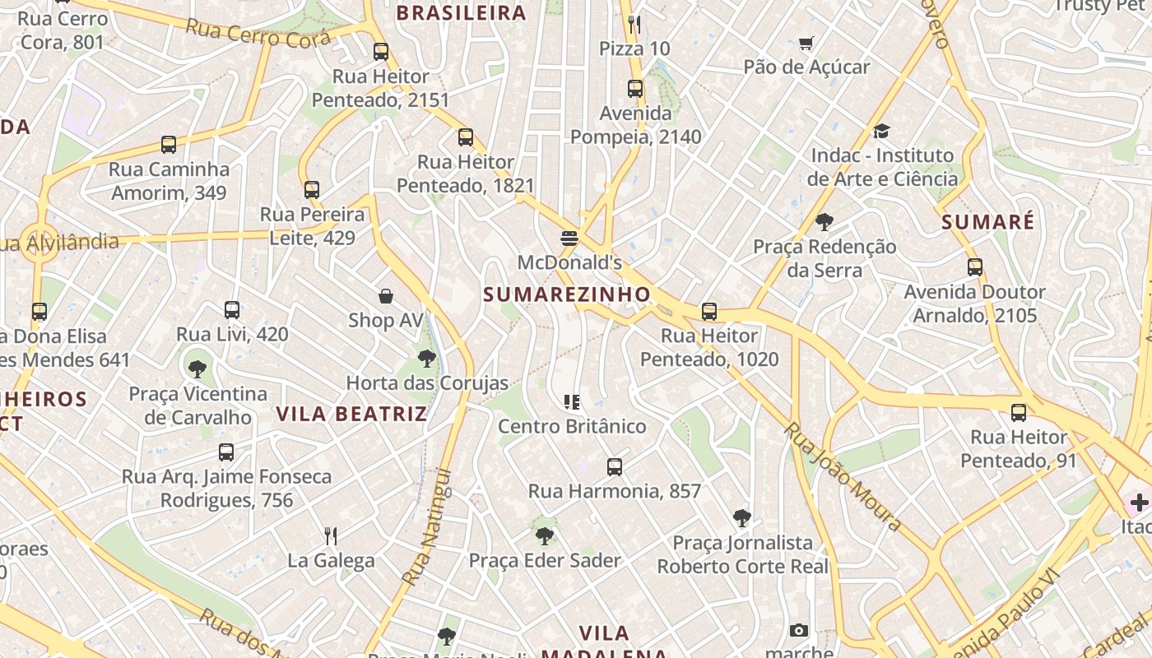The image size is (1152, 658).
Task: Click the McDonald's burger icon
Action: click(x=569, y=239)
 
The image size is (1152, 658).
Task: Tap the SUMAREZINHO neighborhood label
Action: click(x=567, y=294)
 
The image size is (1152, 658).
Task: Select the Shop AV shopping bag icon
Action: click(x=385, y=296)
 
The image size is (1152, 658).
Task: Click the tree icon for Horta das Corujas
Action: click(x=426, y=359)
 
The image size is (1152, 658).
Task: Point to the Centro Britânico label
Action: click(x=572, y=426)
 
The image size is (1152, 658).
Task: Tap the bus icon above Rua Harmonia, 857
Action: click(x=614, y=467)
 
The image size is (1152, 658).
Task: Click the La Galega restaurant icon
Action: click(x=331, y=536)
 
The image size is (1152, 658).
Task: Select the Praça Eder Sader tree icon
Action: click(x=544, y=536)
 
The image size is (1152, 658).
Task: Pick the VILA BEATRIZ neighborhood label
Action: click(x=351, y=414)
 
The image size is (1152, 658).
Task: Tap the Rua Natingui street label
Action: click(x=427, y=527)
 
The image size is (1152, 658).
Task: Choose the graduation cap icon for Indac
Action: click(x=881, y=131)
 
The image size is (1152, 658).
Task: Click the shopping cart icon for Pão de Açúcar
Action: click(x=806, y=43)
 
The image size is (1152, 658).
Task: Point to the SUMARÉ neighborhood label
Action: click(x=987, y=222)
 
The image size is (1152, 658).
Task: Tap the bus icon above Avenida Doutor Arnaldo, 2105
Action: click(x=975, y=267)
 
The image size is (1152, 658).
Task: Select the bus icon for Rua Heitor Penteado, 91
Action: click(x=1019, y=413)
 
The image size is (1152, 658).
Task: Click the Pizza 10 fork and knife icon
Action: click(x=634, y=25)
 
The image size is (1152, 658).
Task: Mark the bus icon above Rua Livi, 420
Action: click(x=232, y=310)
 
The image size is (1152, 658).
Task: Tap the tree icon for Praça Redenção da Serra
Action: click(x=825, y=222)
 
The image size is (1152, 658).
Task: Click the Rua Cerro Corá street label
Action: click(x=258, y=34)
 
